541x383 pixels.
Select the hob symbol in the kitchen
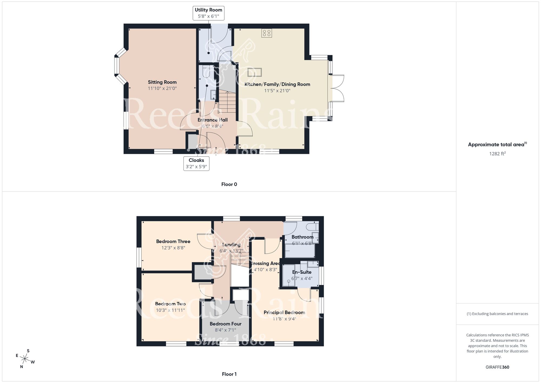[266, 33]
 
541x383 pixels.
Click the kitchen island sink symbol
[255, 73]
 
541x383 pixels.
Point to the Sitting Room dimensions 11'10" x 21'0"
[162, 88]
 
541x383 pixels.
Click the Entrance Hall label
[213, 120]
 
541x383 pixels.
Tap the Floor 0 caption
[229, 184]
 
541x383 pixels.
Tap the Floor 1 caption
[229, 374]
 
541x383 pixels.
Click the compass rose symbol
[25, 359]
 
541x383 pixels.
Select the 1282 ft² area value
[497, 154]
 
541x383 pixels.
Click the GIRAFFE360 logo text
[497, 367]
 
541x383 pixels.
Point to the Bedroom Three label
[173, 241]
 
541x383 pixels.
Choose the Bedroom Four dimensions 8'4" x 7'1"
[225, 330]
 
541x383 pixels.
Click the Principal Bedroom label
[284, 313]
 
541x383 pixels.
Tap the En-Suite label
[302, 272]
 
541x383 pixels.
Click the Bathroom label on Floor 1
[302, 237]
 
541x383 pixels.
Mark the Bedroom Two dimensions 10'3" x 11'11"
[170, 310]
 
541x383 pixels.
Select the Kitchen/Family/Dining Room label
[277, 84]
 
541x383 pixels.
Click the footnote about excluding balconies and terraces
[497, 314]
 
